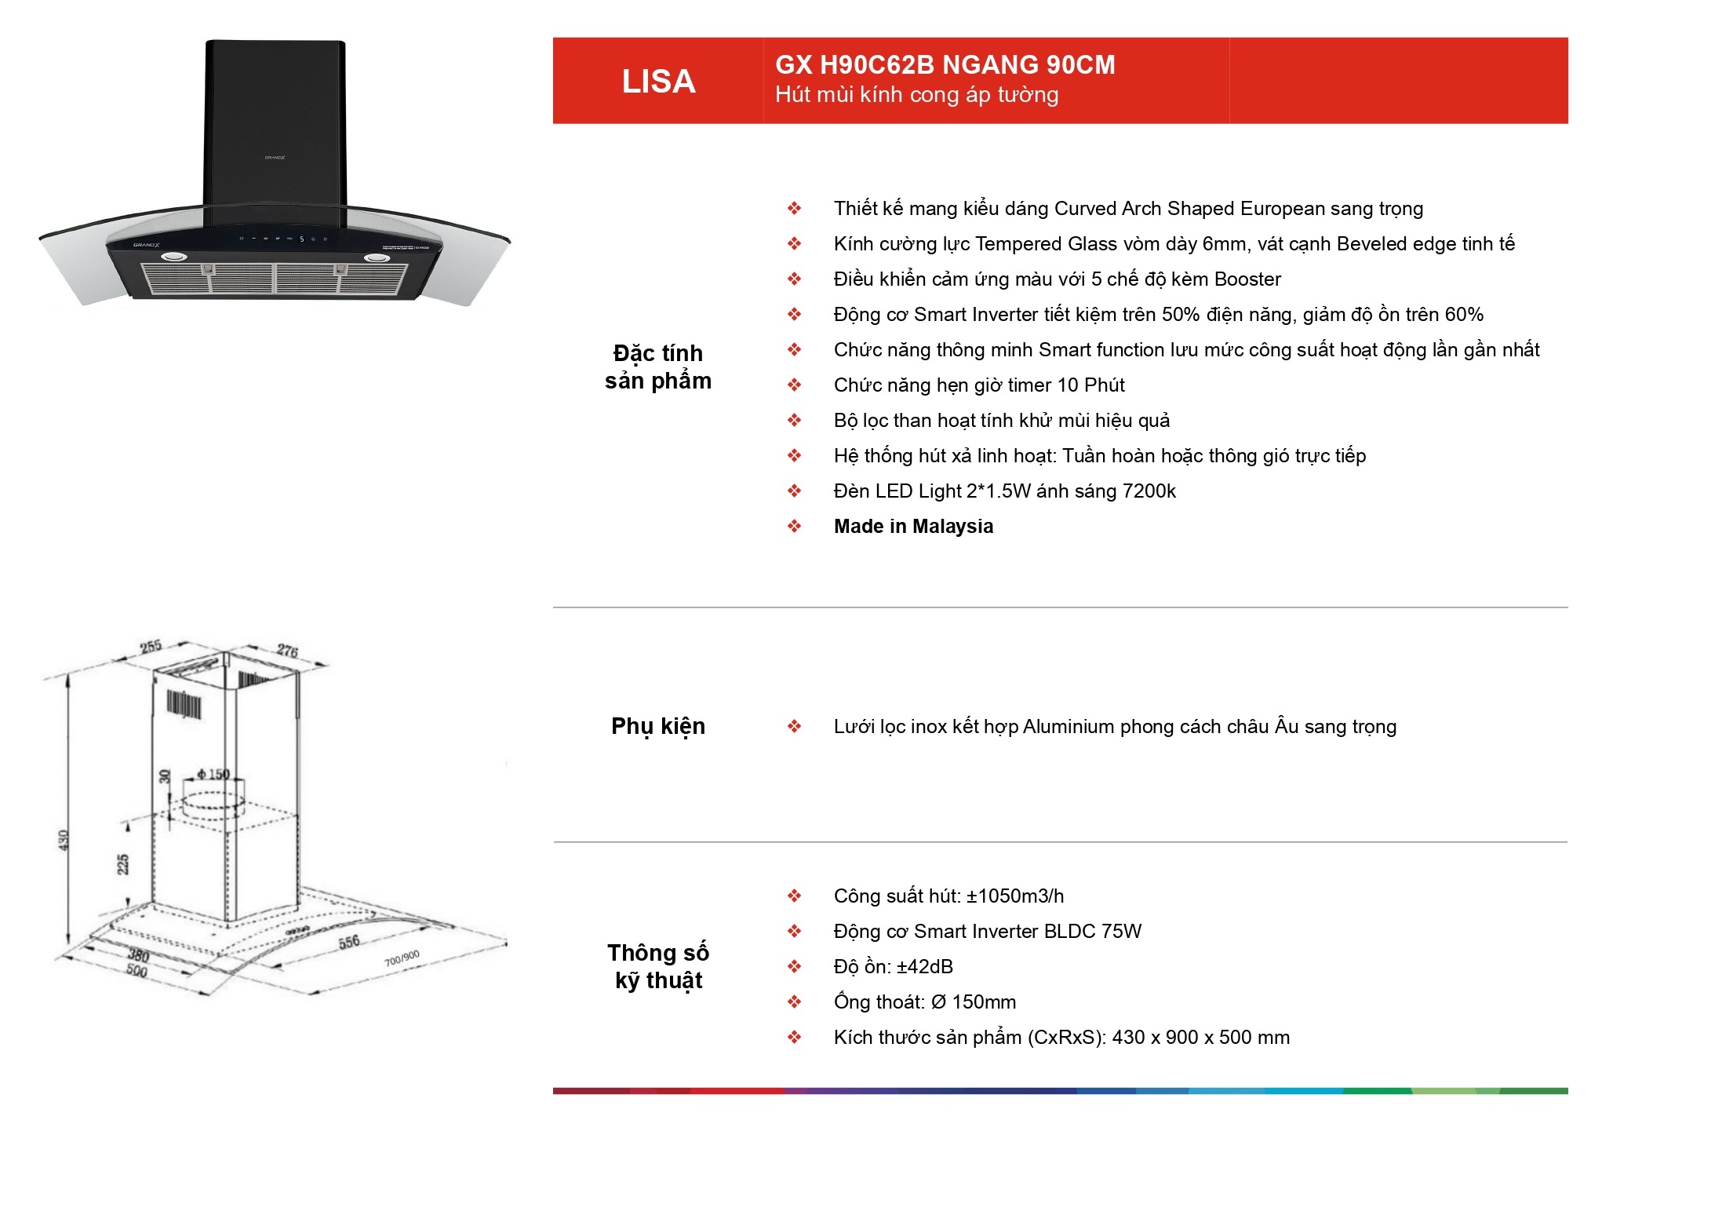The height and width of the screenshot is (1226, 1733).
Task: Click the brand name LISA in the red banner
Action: click(x=658, y=82)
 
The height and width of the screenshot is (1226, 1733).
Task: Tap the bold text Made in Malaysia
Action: click(x=913, y=526)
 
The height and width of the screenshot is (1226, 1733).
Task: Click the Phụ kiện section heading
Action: click(x=658, y=727)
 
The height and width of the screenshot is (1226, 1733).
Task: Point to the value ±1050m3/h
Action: click(x=1015, y=896)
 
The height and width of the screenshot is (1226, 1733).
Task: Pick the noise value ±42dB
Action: click(x=925, y=966)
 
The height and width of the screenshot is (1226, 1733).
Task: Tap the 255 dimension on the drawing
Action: click(x=151, y=647)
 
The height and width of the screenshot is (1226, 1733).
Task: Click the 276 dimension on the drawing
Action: click(x=287, y=651)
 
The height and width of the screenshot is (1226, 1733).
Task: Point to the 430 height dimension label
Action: click(x=64, y=840)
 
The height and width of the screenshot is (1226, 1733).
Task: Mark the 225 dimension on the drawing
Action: click(x=123, y=864)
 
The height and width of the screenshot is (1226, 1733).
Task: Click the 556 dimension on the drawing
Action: click(x=349, y=942)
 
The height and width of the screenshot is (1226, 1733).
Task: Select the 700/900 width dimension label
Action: click(x=402, y=958)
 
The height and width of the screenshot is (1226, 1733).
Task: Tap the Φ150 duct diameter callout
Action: click(x=213, y=774)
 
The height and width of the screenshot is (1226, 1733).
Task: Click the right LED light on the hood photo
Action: click(x=376, y=257)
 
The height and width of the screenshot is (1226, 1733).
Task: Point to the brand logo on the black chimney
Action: click(x=275, y=158)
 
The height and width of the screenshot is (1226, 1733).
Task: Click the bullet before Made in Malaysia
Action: click(x=794, y=526)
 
